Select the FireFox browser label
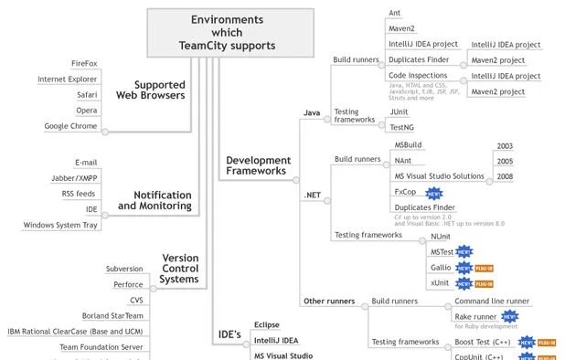click(84, 63)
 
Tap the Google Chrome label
click(71, 126)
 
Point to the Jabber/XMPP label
click(76, 178)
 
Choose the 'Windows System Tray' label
click(60, 225)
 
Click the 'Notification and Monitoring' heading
click(155, 200)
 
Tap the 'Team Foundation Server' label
click(101, 347)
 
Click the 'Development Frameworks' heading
click(258, 165)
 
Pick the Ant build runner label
click(395, 13)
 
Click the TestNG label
click(402, 127)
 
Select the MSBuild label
click(408, 144)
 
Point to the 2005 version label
click(505, 161)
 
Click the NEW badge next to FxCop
click(433, 193)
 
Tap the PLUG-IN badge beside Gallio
click(485, 268)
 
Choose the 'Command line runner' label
click(492, 301)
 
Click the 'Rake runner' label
click(474, 316)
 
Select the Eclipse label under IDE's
click(267, 324)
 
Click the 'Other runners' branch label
click(327, 301)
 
